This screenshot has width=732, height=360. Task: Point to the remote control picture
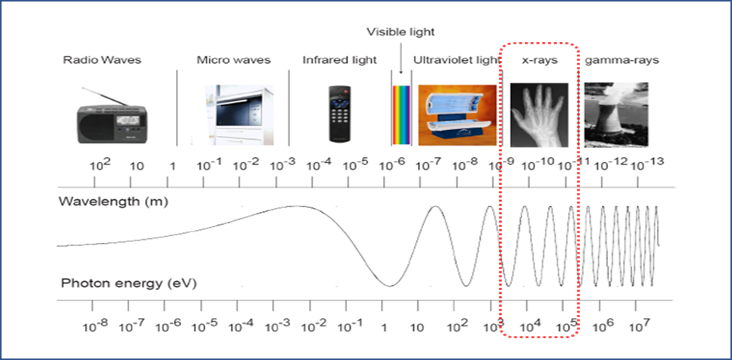340,113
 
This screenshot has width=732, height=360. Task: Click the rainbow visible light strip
401,115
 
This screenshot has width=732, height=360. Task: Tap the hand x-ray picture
539,115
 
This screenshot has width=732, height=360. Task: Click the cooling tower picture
616,115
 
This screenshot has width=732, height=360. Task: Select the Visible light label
401,32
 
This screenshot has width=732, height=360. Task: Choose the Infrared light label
340,60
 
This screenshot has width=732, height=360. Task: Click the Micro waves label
234,60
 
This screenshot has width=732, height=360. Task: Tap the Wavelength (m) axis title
113,202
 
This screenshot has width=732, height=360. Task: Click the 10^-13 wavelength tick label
648,164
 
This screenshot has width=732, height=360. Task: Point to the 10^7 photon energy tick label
636,324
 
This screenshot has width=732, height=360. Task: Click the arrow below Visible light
401,57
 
